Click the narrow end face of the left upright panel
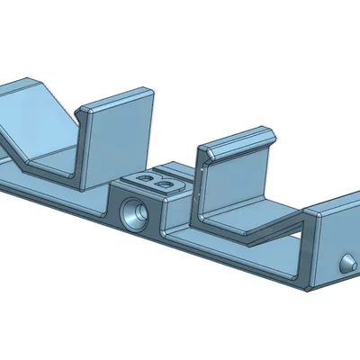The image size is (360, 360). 84,148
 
